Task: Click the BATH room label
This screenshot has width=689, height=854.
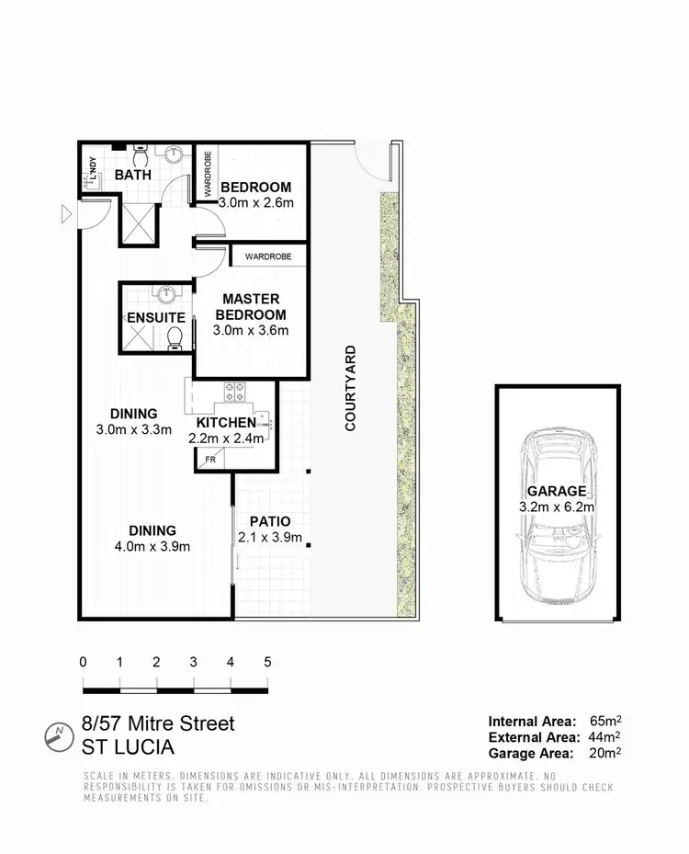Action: [134, 175]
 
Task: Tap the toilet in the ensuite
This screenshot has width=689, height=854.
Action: [175, 339]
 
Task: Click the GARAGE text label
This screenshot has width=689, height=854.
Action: [557, 492]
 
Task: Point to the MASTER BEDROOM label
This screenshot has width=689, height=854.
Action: [250, 307]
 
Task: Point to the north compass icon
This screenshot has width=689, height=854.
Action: [59, 734]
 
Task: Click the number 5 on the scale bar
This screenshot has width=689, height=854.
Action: [267, 662]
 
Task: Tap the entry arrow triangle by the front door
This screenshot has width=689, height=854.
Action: [64, 215]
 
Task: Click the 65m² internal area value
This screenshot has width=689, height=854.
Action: [604, 722]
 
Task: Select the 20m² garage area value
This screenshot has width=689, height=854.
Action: [604, 754]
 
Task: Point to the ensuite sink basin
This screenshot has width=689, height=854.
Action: [166, 295]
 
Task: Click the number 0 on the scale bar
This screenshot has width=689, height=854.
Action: [84, 662]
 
